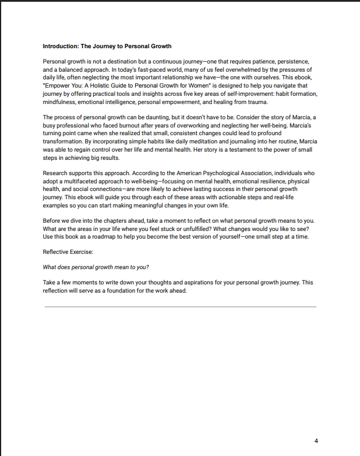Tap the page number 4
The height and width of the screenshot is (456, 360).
click(x=316, y=441)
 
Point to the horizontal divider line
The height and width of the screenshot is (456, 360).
click(x=180, y=307)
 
